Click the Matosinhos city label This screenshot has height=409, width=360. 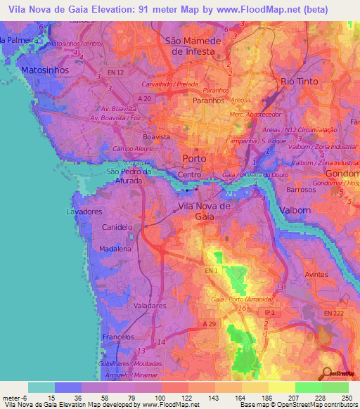point(34,71)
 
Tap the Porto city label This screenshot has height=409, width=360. point(194,158)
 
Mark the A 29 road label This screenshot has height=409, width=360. point(209,324)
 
